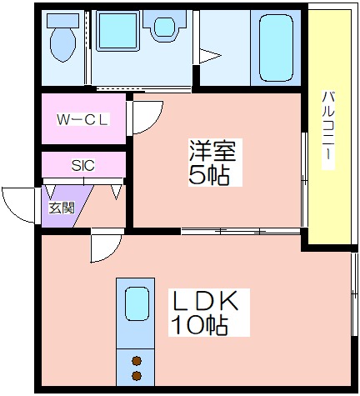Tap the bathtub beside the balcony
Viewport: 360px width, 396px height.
pos(276,48)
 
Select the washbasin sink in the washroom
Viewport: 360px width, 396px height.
pos(164,27)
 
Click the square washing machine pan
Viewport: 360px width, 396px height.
pos(117,31)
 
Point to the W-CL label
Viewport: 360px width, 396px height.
pos(82,119)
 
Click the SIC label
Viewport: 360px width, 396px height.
pos(83,166)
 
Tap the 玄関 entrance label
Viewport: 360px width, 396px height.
pos(62,208)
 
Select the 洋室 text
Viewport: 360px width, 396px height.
pos(212,151)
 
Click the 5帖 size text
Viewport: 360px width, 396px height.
pos(209,175)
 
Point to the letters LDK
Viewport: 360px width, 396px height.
pos(205,301)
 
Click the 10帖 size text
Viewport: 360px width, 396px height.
pos(199,325)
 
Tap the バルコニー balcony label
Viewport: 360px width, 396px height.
pos(328,130)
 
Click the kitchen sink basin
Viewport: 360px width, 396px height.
pos(137,304)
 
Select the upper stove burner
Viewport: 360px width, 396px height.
pos(137,361)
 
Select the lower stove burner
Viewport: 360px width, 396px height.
pos(137,376)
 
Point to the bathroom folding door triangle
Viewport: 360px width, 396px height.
pos(210,56)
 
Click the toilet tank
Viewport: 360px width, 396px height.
pos(62,20)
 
